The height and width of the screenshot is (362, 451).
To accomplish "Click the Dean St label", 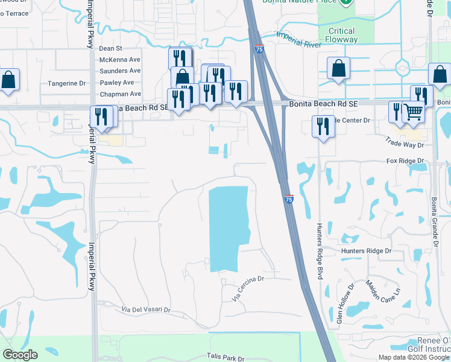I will pyautogui.click(x=111, y=48).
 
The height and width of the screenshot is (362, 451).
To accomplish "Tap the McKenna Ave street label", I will pyautogui.click(x=120, y=60).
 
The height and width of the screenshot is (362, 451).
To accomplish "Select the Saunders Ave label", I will pyautogui.click(x=120, y=71).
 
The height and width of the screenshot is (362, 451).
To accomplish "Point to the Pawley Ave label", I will pyautogui.click(x=117, y=83).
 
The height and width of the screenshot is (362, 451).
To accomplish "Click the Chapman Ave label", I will pyautogui.click(x=120, y=94).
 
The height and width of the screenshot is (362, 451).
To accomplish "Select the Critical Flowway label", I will pyautogui.click(x=341, y=36).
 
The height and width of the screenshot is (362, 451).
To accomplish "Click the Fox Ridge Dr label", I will pyautogui.click(x=405, y=162).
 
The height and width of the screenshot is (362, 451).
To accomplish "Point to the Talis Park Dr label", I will pyautogui.click(x=224, y=357).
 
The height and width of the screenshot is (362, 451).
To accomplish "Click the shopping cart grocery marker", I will pyautogui.click(x=413, y=112).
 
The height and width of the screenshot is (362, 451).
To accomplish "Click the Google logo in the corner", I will pyautogui.click(x=20, y=355).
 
